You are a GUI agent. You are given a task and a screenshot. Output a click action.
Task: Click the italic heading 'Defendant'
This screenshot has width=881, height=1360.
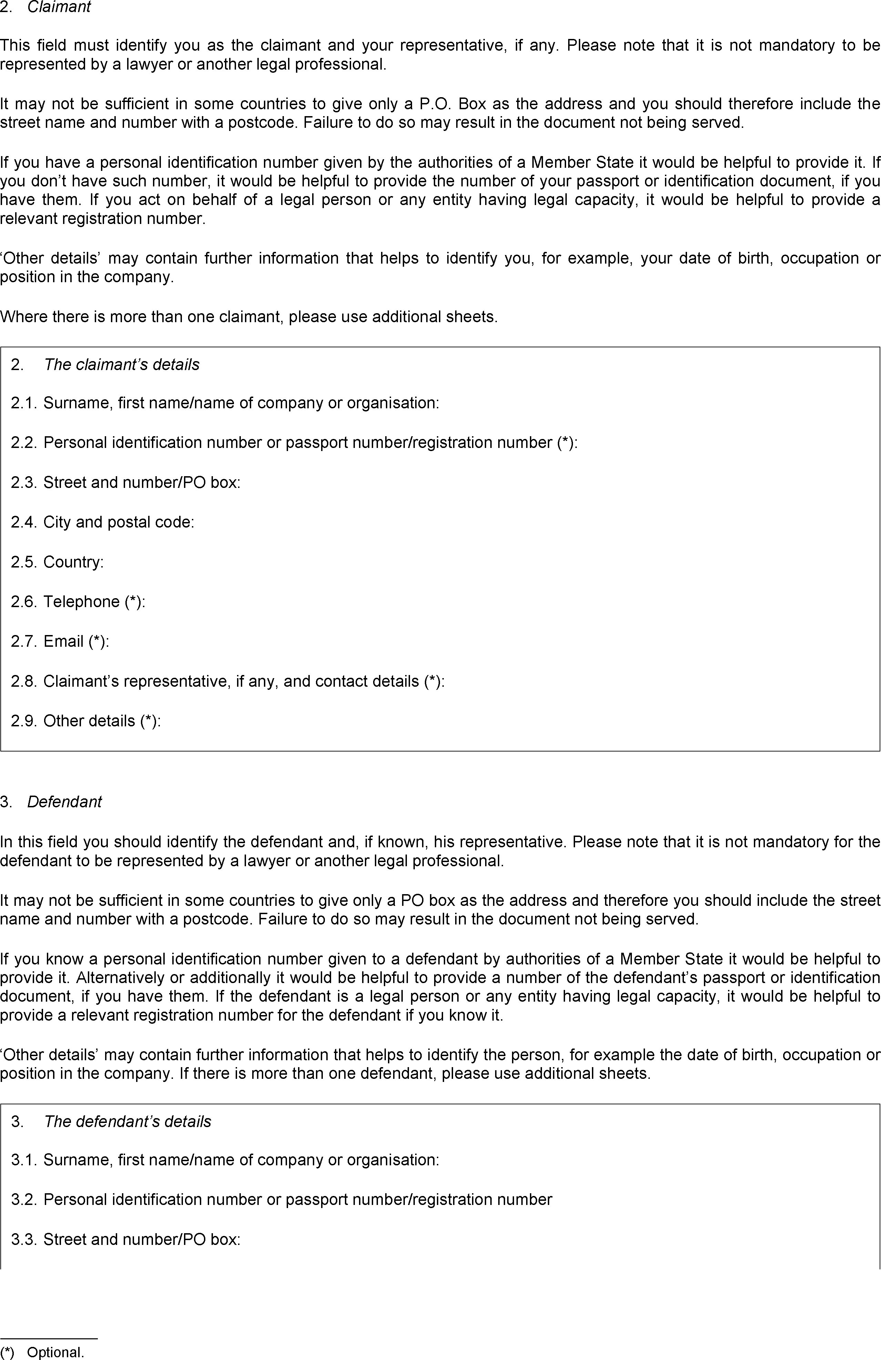pyautogui.click(x=64, y=802)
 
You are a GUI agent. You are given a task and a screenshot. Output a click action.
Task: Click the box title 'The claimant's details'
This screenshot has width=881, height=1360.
pyautogui.click(x=121, y=365)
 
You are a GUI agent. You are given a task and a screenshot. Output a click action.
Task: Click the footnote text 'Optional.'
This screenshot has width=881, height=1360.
pyautogui.click(x=55, y=1352)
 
